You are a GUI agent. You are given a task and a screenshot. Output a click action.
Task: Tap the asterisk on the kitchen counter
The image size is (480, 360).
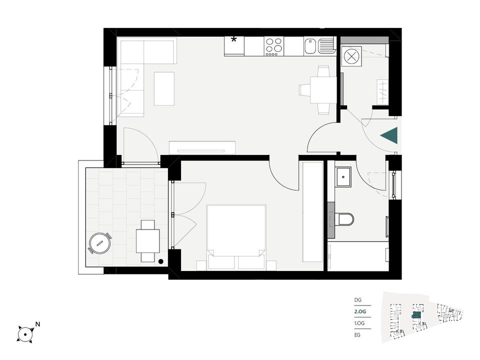click(234, 39)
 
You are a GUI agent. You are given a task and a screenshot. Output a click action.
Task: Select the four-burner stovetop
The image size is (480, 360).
click(274, 46)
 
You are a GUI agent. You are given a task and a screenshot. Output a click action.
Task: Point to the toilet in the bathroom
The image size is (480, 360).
click(345, 219)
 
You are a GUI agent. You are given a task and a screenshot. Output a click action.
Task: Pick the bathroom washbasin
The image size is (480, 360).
click(344, 177)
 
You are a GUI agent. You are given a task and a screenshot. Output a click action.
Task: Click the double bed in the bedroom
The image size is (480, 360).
click(236, 237)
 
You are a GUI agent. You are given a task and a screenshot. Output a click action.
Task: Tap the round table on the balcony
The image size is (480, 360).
click(99, 243)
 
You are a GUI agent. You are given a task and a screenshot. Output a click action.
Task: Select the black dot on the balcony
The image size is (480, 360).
click(160, 261)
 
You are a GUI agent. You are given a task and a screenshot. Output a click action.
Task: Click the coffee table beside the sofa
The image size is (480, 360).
click(164, 89)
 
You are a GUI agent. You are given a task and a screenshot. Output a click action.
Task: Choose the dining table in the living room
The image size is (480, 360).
click(323, 90)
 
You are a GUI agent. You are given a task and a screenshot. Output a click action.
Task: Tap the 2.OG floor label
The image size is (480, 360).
click(360, 311)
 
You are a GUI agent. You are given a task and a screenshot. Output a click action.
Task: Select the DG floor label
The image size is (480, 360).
click(358, 300)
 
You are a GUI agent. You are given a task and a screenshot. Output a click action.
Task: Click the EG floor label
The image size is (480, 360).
click(357, 335)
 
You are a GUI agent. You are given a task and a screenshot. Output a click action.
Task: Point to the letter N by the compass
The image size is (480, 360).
click(38, 324)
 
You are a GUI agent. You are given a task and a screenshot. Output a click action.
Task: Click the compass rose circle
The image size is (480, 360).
click(24, 334)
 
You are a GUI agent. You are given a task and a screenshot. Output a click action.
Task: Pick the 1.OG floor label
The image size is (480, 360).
click(359, 323)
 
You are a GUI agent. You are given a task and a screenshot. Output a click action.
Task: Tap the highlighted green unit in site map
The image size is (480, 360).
click(416, 315)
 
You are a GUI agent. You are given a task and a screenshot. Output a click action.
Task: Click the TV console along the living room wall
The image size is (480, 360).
click(202, 147)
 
